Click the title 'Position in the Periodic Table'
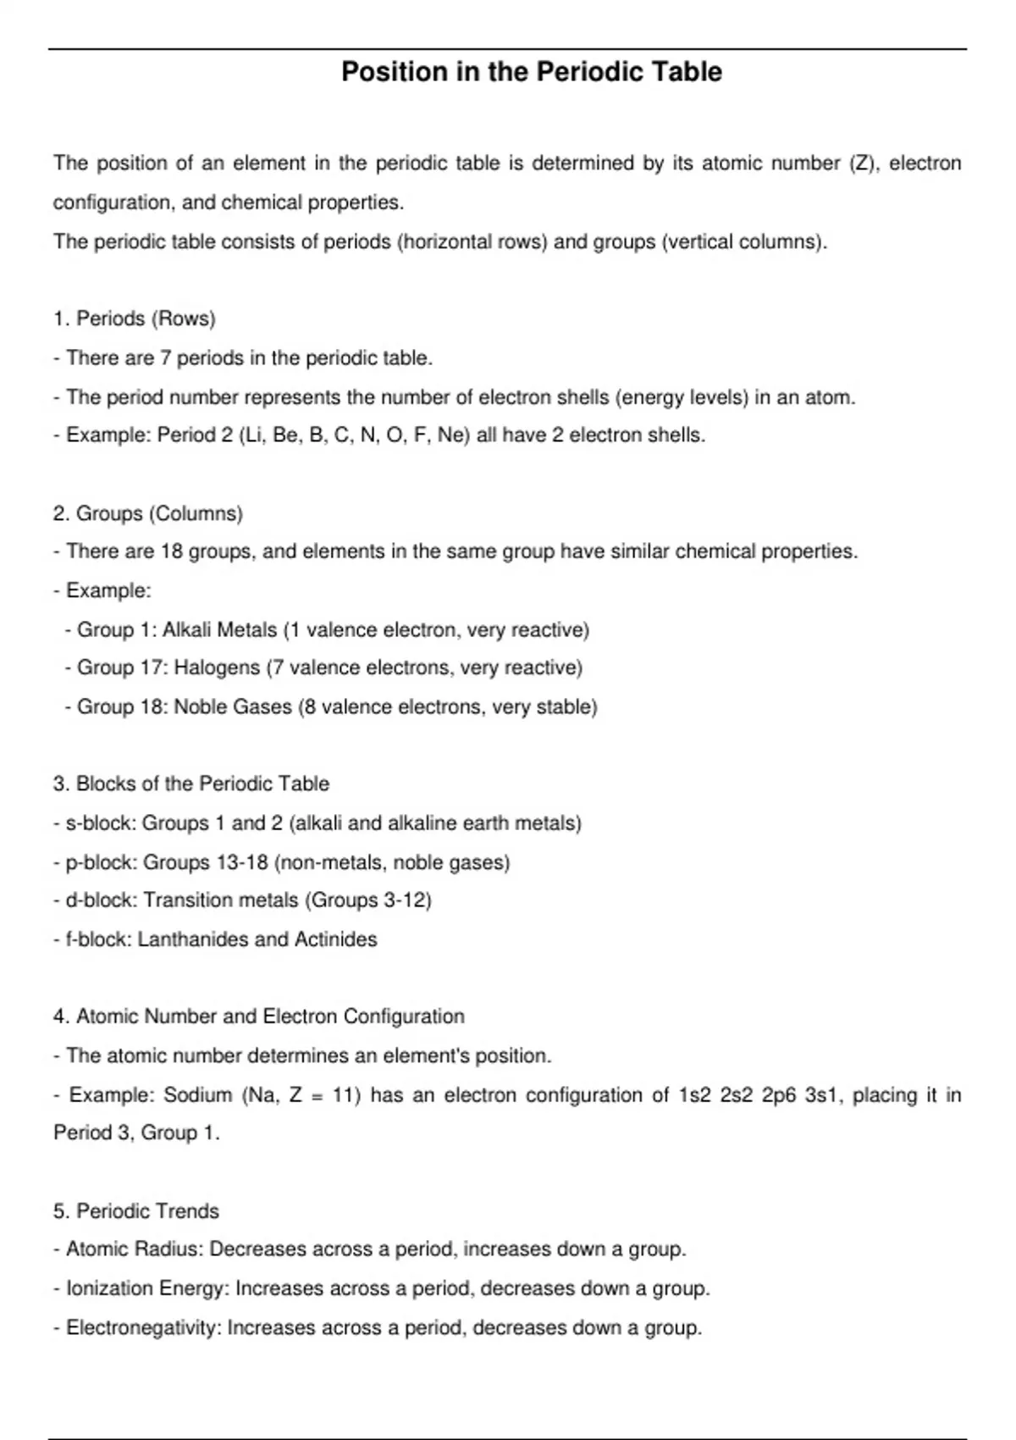click(532, 72)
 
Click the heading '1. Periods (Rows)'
click(134, 318)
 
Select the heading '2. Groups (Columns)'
click(147, 513)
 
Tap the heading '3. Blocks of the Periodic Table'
click(190, 784)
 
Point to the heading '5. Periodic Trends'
click(135, 1211)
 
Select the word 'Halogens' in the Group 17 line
click(217, 667)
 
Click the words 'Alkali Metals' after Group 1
click(219, 630)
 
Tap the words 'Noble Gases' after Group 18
click(233, 706)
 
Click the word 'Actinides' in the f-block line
click(336, 939)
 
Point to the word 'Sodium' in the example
click(197, 1095)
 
